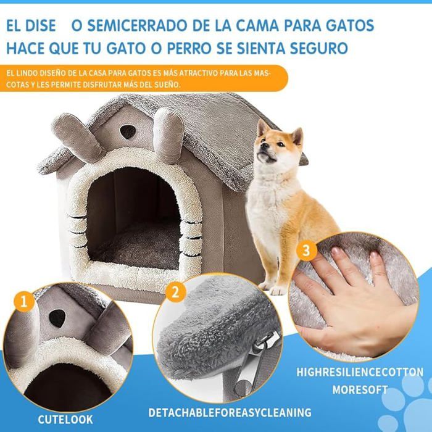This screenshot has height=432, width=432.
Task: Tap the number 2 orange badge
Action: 175,292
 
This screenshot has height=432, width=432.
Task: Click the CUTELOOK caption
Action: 65,420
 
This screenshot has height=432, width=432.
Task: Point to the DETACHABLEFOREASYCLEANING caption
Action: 230,412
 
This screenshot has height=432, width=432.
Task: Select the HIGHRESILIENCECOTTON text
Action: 360,372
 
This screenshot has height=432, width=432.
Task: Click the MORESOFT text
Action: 360,390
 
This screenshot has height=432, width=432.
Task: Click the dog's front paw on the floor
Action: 277,289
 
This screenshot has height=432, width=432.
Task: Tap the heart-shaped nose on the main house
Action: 128,131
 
